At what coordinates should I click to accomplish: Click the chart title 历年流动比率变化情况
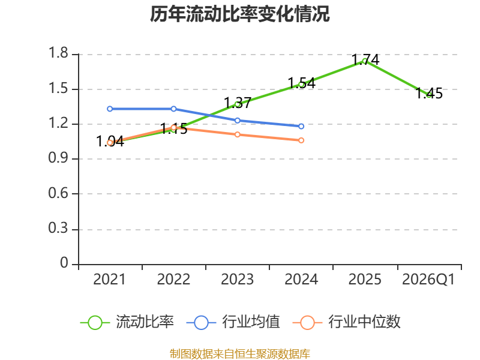(x=239, y=14)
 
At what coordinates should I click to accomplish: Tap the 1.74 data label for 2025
(x=365, y=59)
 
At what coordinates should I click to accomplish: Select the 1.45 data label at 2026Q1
(x=429, y=93)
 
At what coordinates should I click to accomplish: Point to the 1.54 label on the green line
(x=302, y=83)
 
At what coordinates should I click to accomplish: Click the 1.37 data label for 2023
(x=238, y=103)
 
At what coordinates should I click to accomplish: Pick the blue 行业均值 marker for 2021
(x=110, y=109)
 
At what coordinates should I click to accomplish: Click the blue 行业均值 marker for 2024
(x=301, y=127)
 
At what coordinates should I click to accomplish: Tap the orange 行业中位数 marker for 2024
(x=301, y=140)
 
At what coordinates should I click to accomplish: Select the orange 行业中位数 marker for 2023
(x=238, y=134)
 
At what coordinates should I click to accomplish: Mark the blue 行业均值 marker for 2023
(x=238, y=121)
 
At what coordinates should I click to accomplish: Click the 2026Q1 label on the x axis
(x=428, y=280)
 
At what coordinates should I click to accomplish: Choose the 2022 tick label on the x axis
(x=173, y=280)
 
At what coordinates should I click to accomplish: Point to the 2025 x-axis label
(x=365, y=280)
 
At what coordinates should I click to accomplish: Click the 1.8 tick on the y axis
(x=58, y=53)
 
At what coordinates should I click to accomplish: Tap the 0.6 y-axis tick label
(x=58, y=193)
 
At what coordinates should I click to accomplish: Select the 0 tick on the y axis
(x=64, y=263)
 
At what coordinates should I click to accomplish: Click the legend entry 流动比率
(x=127, y=322)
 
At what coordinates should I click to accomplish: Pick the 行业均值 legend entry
(x=233, y=322)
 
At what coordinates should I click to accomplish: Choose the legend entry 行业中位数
(x=347, y=322)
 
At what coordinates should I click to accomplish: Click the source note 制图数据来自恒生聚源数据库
(x=240, y=354)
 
